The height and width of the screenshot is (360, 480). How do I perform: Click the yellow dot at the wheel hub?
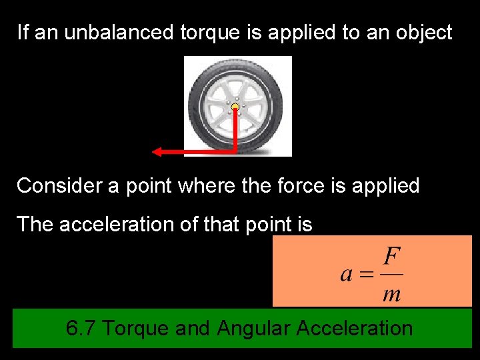[x=235, y=107]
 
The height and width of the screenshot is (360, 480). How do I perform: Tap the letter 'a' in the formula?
[x=346, y=274]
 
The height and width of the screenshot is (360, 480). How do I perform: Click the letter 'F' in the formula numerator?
[x=393, y=256]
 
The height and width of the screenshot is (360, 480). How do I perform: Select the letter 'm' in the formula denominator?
[x=392, y=295]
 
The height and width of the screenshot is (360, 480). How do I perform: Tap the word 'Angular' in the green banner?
[x=254, y=328]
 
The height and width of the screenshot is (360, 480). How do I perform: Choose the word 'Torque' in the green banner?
[x=135, y=328]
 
